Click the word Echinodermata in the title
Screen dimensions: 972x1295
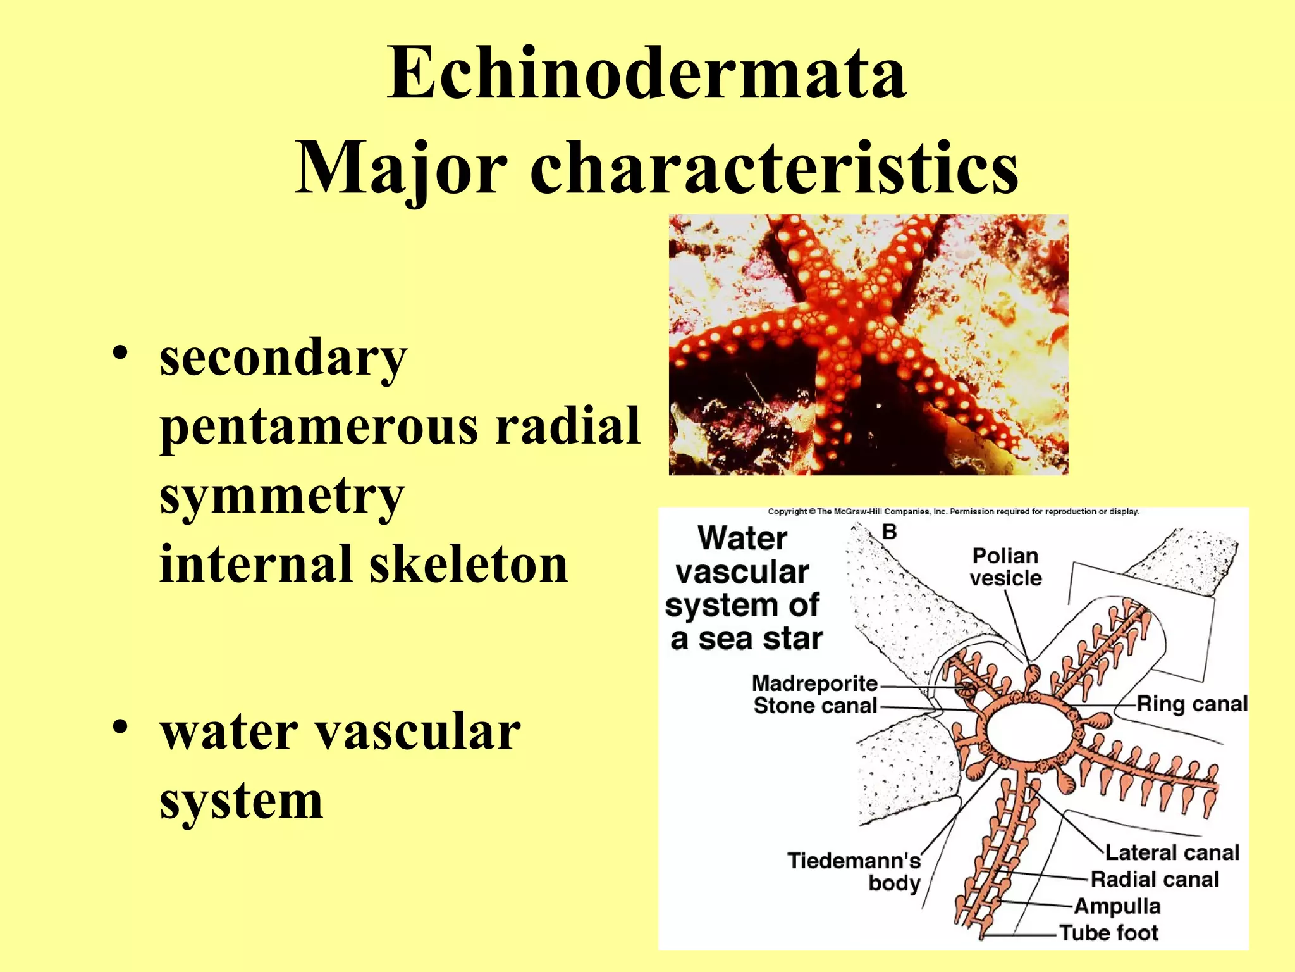click(647, 75)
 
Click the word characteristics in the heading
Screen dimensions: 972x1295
click(774, 168)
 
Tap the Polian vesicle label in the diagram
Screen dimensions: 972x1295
click(1005, 567)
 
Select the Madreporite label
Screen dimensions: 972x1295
click(814, 683)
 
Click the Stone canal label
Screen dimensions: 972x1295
click(815, 706)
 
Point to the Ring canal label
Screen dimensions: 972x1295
click(1192, 704)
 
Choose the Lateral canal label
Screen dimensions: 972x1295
click(1172, 852)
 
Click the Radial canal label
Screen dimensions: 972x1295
click(1155, 879)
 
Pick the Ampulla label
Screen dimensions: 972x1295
click(1117, 906)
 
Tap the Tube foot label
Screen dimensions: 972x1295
click(1109, 933)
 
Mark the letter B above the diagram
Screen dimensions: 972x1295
click(889, 532)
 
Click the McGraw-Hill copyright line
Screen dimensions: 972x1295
click(953, 511)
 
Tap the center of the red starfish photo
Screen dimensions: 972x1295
click(868, 345)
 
